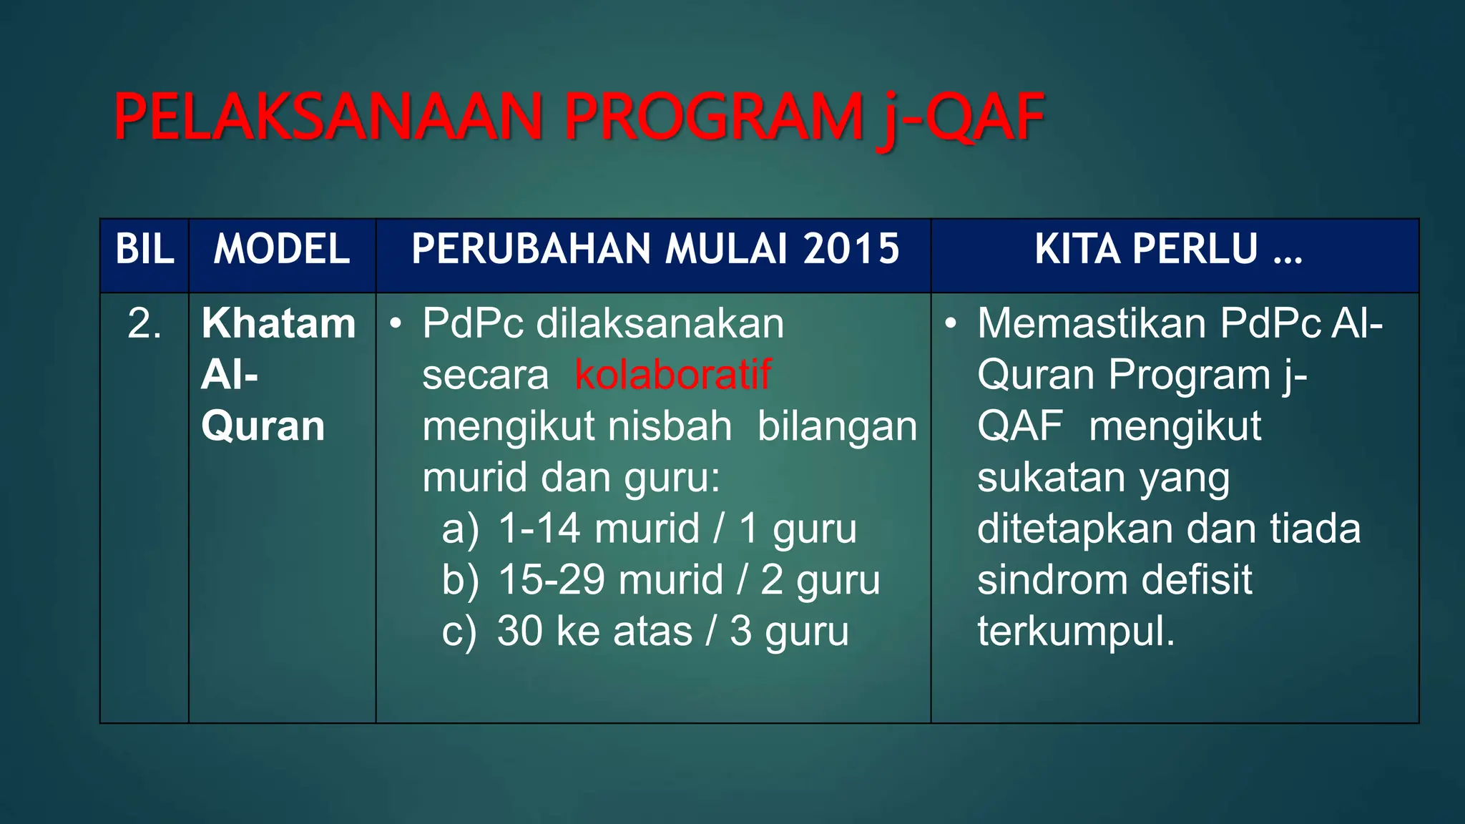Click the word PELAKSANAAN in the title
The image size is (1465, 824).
(x=328, y=117)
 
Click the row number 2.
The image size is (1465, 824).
(x=144, y=323)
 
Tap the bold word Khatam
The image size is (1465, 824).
(x=278, y=323)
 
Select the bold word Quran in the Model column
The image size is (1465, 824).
(x=263, y=426)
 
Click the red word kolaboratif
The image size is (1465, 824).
(x=672, y=375)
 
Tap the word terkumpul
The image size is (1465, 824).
(x=1075, y=632)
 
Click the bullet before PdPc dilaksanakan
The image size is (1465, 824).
(x=396, y=324)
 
